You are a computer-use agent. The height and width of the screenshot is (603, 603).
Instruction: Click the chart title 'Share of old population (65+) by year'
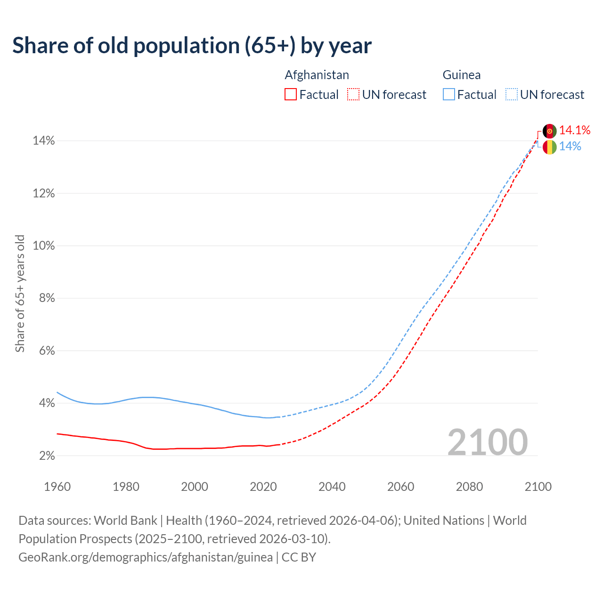click(x=192, y=45)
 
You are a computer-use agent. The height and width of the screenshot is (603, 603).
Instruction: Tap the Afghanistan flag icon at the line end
click(x=549, y=131)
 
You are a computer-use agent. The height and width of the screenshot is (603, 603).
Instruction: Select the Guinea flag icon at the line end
click(x=549, y=147)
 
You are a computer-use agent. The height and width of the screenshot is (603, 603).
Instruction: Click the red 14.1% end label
click(x=575, y=130)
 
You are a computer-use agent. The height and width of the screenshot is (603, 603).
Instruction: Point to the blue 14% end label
click(x=570, y=147)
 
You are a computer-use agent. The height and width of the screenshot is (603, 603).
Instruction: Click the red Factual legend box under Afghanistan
click(x=291, y=95)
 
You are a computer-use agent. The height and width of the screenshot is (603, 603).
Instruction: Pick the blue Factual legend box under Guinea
click(x=448, y=95)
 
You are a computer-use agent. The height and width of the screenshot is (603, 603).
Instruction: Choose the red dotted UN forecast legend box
click(x=353, y=95)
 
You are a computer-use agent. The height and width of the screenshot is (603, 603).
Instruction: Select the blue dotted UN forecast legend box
click(x=511, y=95)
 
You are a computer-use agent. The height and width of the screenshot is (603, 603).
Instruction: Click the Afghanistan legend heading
click(x=317, y=75)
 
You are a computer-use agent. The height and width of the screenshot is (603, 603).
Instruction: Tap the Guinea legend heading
click(x=461, y=75)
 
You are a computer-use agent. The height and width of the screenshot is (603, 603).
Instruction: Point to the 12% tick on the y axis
click(x=43, y=194)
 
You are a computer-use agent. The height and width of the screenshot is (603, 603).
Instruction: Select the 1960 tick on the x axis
click(x=57, y=487)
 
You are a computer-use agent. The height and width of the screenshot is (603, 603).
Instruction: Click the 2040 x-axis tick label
click(x=332, y=487)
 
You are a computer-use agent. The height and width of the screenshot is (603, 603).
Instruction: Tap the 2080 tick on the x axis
click(x=469, y=487)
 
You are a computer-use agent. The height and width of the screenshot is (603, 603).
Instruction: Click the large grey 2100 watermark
click(x=488, y=442)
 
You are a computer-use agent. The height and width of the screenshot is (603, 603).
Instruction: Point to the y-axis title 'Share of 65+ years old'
click(x=20, y=293)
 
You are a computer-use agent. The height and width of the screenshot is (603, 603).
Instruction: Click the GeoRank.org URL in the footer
click(x=146, y=557)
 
